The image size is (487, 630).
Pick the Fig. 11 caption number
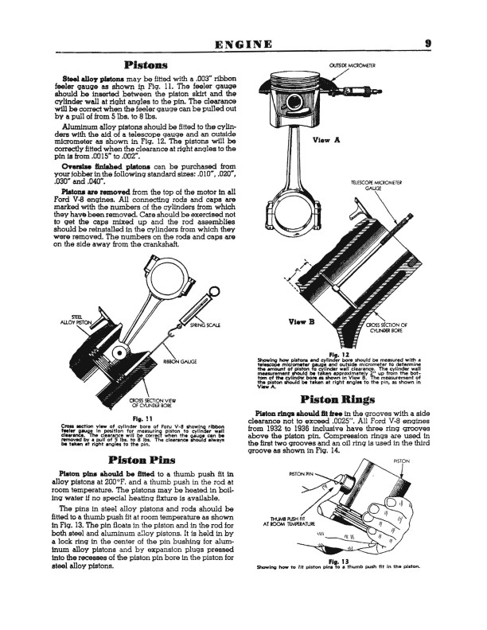(133, 418)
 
